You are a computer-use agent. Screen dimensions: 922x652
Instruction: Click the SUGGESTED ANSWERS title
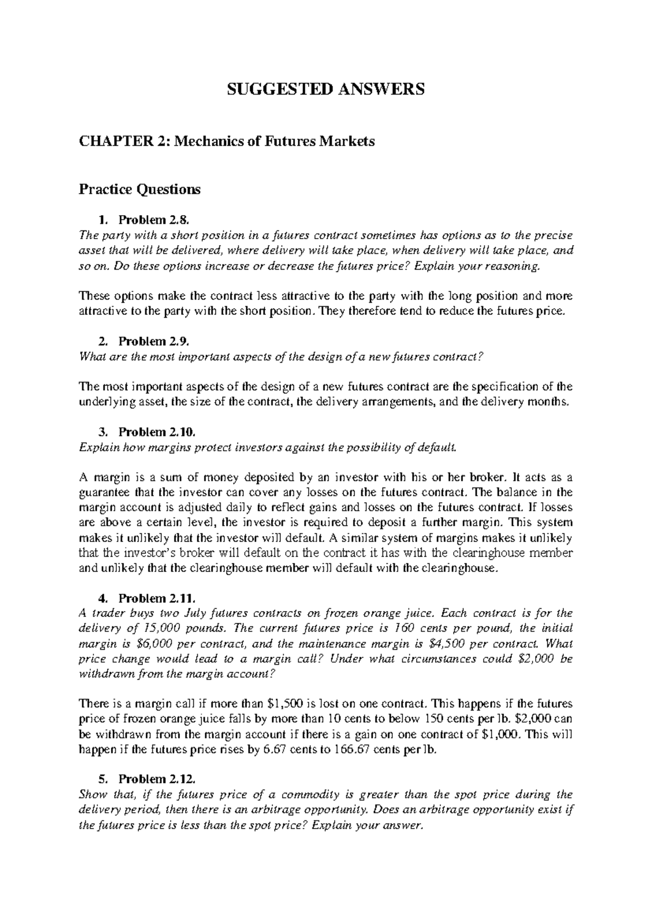tap(326, 90)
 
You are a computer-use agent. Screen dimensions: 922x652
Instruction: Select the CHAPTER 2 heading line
tap(227, 142)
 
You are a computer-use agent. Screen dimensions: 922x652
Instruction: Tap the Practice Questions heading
tap(140, 189)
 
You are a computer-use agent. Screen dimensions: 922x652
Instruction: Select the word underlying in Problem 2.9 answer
tap(105, 402)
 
